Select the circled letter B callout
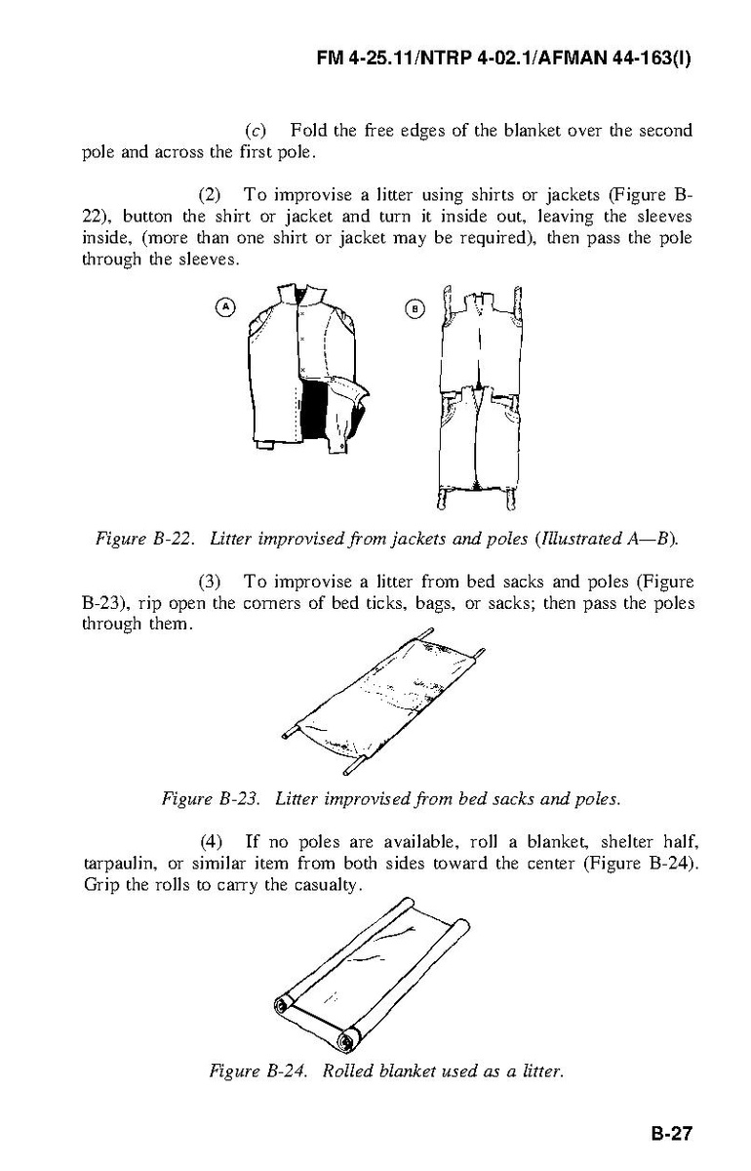(x=415, y=308)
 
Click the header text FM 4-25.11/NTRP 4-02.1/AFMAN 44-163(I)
(x=504, y=59)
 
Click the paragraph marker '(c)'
(x=253, y=131)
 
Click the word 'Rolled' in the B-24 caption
(x=348, y=1071)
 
